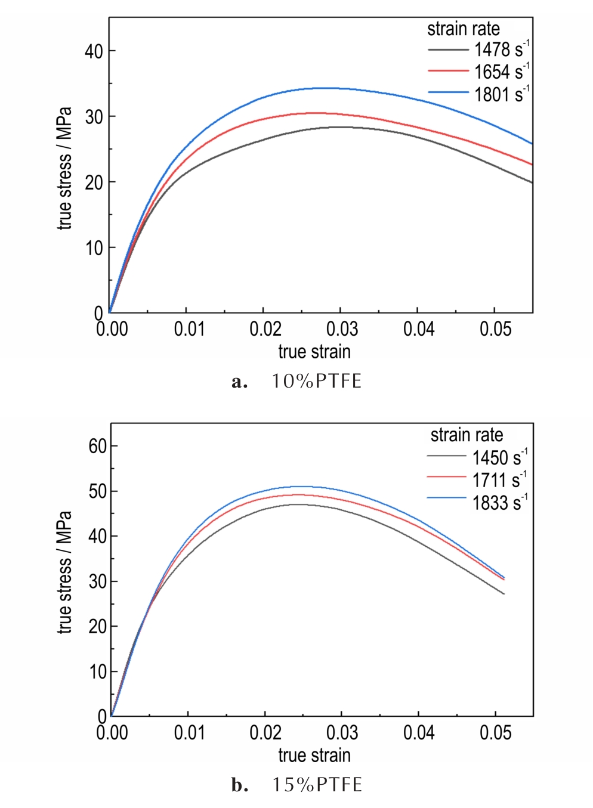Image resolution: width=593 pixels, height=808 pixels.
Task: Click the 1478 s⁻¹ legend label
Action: (501, 49)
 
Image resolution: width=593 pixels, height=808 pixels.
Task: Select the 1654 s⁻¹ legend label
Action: (501, 72)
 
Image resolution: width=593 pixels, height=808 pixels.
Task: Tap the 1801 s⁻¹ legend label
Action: (501, 94)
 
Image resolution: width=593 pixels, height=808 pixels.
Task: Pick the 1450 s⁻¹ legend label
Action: (499, 457)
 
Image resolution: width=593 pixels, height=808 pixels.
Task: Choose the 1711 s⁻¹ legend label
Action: (499, 480)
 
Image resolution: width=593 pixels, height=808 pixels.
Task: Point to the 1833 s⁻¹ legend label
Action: (499, 503)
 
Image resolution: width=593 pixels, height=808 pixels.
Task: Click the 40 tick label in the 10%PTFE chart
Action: (94, 51)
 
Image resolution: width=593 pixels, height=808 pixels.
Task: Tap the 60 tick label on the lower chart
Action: (98, 446)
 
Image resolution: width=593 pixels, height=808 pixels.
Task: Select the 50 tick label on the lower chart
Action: (98, 491)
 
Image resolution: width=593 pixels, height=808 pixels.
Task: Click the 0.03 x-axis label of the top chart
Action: (342, 329)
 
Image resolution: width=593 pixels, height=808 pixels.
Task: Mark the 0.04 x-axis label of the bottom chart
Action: (419, 732)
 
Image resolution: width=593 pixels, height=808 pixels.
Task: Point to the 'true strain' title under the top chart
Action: (314, 352)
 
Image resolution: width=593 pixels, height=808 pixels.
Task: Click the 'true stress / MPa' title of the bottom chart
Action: (64, 572)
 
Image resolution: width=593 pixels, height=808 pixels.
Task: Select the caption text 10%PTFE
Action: (317, 381)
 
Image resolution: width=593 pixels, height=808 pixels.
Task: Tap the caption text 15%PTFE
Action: (317, 785)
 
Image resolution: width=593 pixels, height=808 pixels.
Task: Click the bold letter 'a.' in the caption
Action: (239, 382)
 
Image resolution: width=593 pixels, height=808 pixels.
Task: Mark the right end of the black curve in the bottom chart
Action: (504, 594)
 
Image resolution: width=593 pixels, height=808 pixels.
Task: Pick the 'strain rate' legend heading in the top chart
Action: (464, 29)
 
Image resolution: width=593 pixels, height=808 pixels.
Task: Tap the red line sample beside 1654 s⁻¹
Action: (448, 72)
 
